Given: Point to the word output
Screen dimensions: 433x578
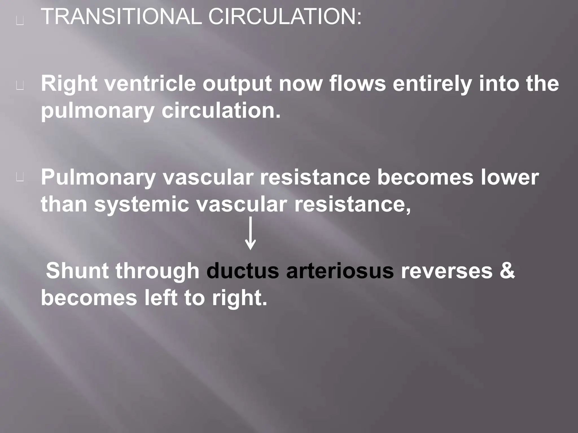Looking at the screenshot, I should click(237, 84).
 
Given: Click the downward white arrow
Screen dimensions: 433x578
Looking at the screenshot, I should click(250, 233).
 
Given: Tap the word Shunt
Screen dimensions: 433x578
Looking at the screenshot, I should click(77, 271).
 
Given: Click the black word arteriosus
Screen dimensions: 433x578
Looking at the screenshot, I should click(340, 271).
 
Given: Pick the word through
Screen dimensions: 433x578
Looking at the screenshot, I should click(157, 271).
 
